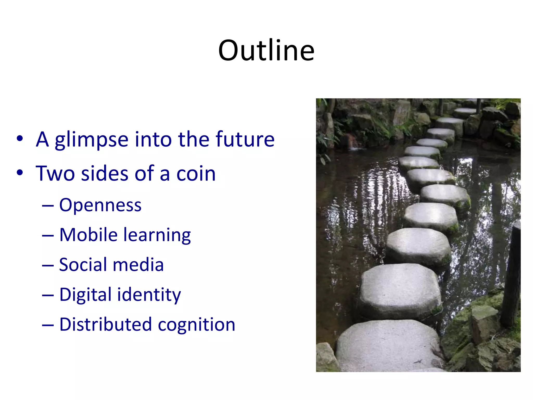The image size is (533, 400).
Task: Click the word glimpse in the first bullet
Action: (x=91, y=140)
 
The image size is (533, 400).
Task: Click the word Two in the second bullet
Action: (x=55, y=173)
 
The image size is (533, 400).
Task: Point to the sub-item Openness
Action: (x=100, y=205)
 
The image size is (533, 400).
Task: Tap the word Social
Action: (x=83, y=265)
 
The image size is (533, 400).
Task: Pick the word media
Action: (x=138, y=265)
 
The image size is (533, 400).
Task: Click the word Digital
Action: (x=85, y=295)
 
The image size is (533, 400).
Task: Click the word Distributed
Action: (x=105, y=324)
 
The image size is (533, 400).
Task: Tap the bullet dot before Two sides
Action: (x=20, y=173)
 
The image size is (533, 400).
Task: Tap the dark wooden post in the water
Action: (x=511, y=273)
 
